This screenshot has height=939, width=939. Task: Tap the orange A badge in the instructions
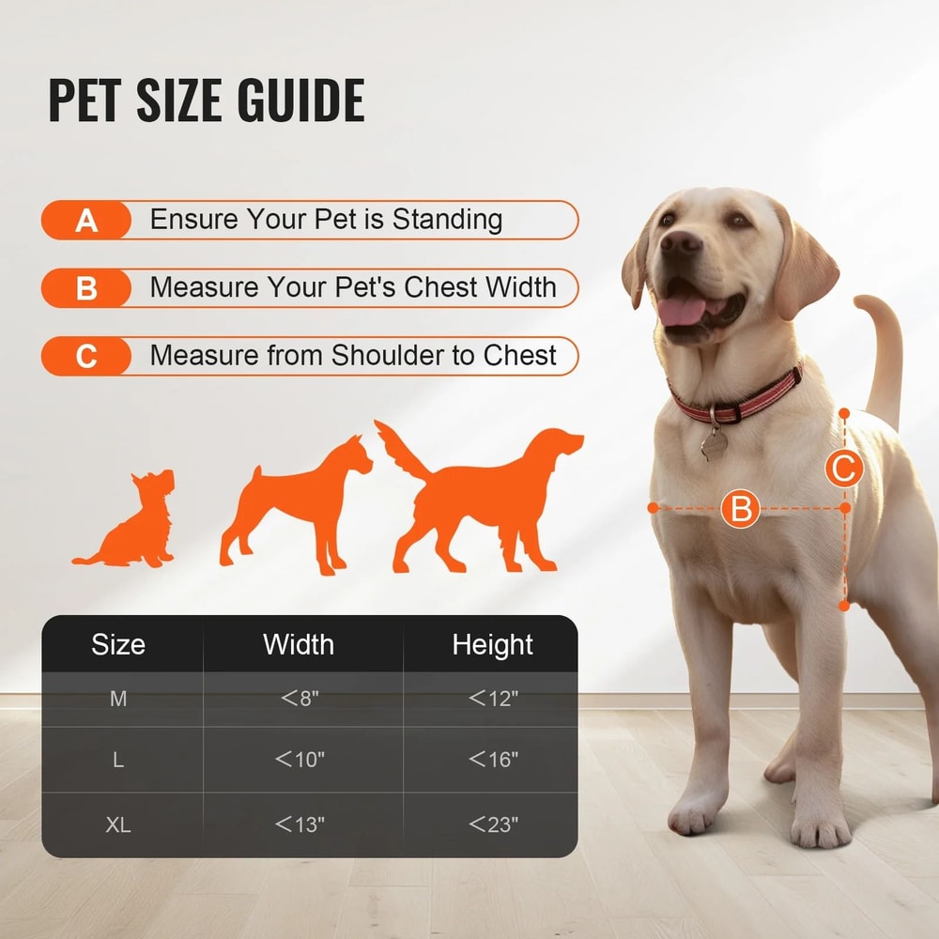(x=86, y=221)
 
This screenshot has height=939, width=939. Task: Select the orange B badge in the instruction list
(x=86, y=288)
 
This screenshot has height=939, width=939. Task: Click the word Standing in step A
(x=447, y=220)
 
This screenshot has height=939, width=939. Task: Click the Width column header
(x=299, y=644)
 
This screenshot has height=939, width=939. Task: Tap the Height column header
(x=492, y=644)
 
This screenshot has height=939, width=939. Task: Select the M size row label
(x=118, y=699)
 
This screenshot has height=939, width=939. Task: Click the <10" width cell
(x=300, y=760)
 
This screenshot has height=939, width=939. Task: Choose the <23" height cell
(x=493, y=824)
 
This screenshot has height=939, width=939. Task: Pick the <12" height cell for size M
(x=493, y=699)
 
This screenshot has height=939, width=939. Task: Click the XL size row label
(x=118, y=824)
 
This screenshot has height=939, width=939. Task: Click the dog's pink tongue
(x=684, y=309)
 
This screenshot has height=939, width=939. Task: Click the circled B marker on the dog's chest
(x=741, y=509)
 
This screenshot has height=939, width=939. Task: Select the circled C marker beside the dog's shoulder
(x=844, y=468)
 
